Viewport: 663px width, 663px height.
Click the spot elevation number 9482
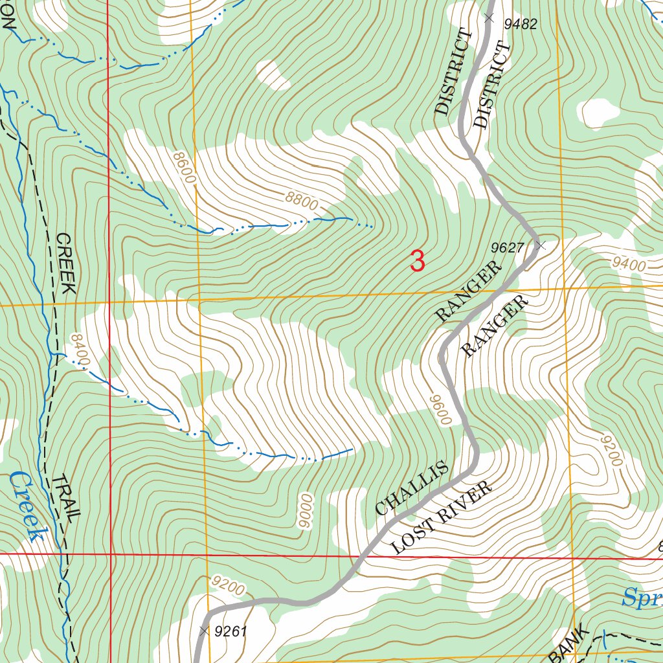pyautogui.click(x=521, y=25)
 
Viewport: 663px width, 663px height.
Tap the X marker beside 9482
pyautogui.click(x=489, y=18)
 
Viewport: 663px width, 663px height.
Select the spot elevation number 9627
pyautogui.click(x=507, y=247)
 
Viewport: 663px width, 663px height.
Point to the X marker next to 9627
pyautogui.click(x=541, y=245)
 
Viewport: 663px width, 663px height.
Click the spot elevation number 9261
pyautogui.click(x=230, y=631)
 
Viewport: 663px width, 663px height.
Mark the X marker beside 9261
pyautogui.click(x=205, y=630)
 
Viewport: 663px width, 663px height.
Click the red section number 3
pyautogui.click(x=418, y=262)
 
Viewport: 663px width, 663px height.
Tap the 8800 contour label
pyautogui.click(x=301, y=201)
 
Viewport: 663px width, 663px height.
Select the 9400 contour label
pyautogui.click(x=629, y=264)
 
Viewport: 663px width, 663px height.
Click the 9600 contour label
pyautogui.click(x=438, y=410)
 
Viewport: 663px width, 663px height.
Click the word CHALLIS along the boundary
pyautogui.click(x=412, y=488)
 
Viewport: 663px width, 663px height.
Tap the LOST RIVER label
pyautogui.click(x=442, y=517)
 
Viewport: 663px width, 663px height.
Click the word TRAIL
pyautogui.click(x=66, y=499)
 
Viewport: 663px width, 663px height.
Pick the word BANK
pyautogui.click(x=569, y=644)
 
